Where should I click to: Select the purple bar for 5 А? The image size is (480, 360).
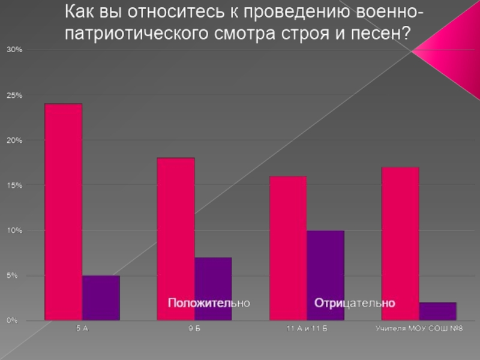[101, 298]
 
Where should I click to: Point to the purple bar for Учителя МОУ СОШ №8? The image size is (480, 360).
[438, 311]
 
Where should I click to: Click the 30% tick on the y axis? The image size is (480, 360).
[14, 50]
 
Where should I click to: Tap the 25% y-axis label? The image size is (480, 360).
[14, 95]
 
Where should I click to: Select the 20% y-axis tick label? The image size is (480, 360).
[14, 140]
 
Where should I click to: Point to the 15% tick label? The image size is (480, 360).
[14, 185]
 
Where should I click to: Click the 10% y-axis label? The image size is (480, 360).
[14, 230]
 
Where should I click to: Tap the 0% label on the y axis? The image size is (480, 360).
[13, 321]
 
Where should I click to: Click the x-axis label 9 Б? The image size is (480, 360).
[194, 329]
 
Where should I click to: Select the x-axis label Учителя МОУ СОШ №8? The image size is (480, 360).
[419, 329]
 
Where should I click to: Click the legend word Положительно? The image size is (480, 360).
[208, 303]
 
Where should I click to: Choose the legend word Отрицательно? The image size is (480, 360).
[355, 303]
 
